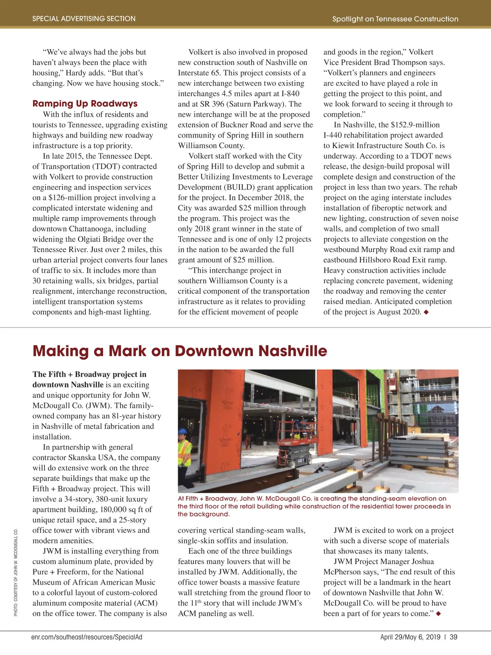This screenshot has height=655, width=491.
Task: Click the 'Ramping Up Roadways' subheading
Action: (85, 104)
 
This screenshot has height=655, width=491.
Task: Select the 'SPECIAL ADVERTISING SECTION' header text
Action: (84, 18)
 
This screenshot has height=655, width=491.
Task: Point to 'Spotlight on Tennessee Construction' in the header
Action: (395, 19)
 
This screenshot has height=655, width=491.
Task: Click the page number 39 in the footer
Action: (453, 637)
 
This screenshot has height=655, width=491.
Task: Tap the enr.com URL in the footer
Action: (87, 637)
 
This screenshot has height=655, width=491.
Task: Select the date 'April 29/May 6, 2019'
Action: (410, 637)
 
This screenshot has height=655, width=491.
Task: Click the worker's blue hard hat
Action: (182, 431)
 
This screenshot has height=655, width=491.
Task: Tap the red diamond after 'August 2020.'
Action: (426, 312)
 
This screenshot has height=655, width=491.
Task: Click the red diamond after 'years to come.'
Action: (438, 614)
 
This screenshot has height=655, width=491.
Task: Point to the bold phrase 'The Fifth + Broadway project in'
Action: (89, 374)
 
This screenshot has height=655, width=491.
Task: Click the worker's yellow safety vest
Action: (185, 450)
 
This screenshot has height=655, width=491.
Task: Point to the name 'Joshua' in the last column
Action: (421, 562)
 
